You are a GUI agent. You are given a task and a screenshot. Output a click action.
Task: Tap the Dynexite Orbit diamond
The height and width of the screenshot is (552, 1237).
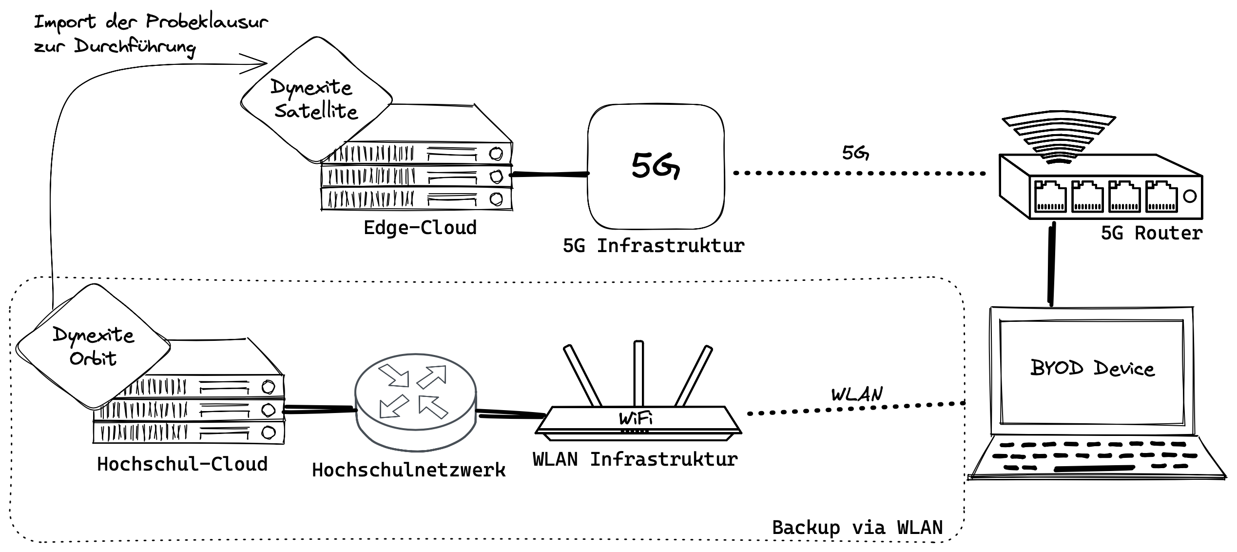click(x=93, y=346)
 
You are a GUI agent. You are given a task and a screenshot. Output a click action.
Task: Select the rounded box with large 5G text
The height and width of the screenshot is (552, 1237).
click(x=656, y=166)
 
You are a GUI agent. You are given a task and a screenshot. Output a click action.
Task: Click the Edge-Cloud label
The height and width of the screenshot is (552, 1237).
click(x=420, y=228)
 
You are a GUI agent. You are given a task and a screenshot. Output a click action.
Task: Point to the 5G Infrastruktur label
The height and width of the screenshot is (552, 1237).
click(x=654, y=246)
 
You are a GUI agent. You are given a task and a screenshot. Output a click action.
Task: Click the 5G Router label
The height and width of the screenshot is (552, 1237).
click(x=1151, y=233)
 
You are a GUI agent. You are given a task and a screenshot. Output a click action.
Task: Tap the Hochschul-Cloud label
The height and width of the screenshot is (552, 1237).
click(x=182, y=464)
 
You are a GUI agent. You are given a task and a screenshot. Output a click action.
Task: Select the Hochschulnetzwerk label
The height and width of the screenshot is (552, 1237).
click(x=408, y=470)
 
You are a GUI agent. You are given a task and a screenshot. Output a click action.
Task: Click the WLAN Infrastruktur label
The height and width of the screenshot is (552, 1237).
click(x=635, y=459)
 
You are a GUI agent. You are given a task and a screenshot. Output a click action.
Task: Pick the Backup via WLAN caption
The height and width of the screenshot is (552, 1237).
click(x=857, y=528)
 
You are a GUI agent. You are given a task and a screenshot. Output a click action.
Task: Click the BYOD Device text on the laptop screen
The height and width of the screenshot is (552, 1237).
click(x=1092, y=368)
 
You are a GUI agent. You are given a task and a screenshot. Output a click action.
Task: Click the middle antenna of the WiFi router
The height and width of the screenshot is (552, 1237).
click(x=638, y=373)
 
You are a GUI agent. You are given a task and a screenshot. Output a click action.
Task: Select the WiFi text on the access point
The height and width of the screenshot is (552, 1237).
click(x=636, y=418)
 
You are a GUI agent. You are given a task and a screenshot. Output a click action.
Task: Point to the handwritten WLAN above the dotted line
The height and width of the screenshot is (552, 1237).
click(x=856, y=394)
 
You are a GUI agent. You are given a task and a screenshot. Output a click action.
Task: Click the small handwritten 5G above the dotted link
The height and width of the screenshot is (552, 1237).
click(x=855, y=153)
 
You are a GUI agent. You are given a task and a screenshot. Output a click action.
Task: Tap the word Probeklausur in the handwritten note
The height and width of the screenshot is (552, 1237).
click(x=207, y=22)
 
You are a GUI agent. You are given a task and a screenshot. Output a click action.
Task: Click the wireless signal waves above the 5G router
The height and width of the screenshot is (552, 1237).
click(x=1059, y=139)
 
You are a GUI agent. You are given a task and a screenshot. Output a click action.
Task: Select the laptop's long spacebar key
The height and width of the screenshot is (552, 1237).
click(x=1095, y=469)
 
